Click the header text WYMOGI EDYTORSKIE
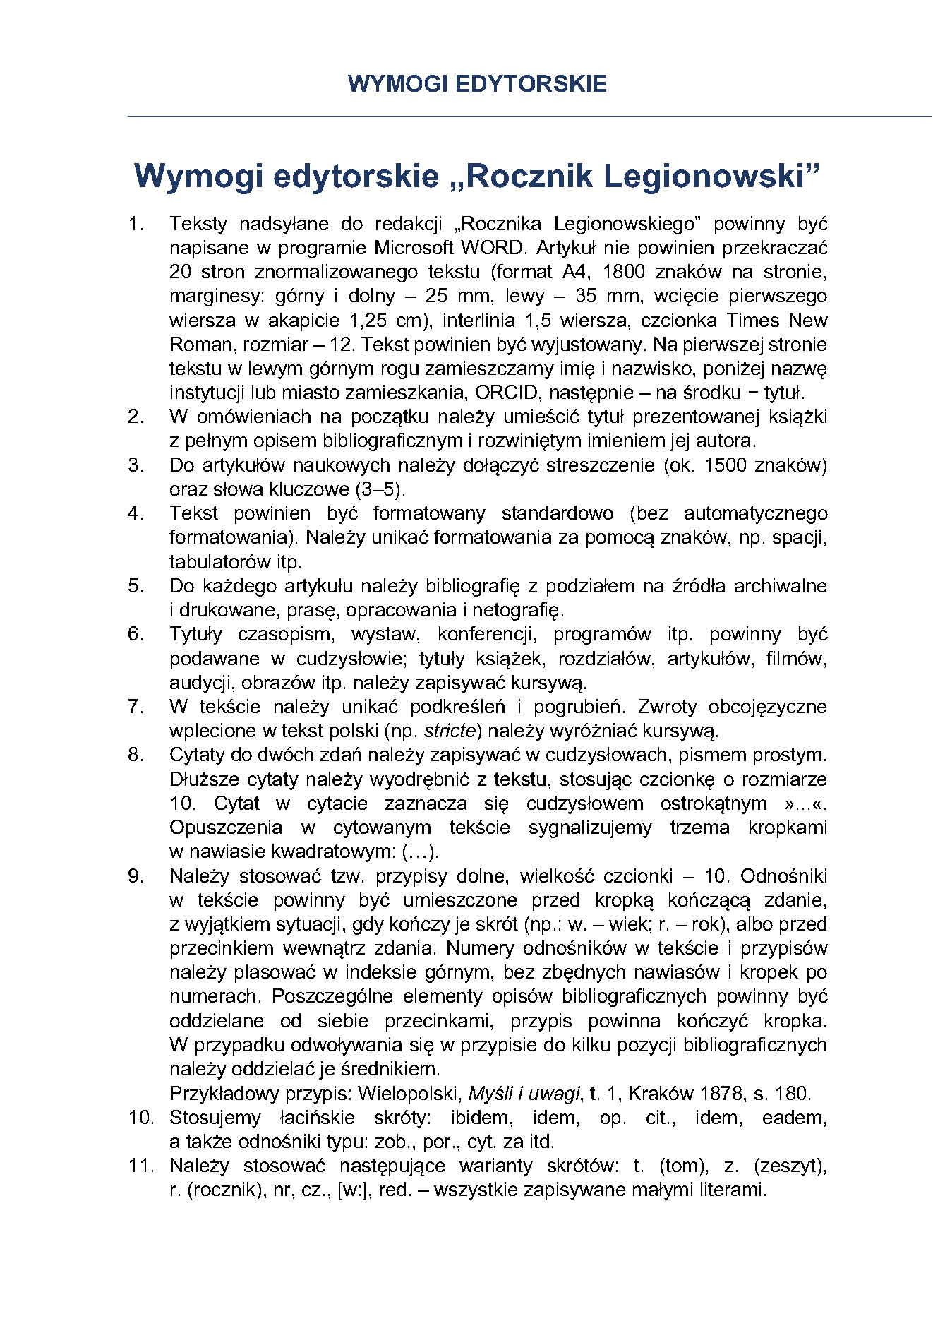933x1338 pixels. (x=477, y=84)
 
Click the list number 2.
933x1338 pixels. (x=135, y=417)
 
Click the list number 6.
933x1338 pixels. (x=135, y=634)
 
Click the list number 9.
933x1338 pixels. (x=135, y=876)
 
